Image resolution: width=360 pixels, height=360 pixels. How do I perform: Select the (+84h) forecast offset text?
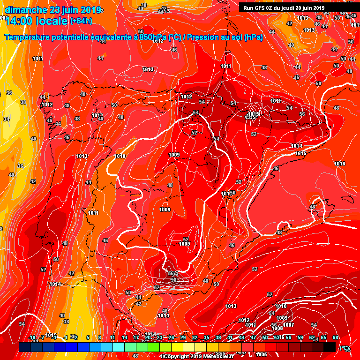81,21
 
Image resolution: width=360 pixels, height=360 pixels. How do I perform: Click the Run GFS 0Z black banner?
284,7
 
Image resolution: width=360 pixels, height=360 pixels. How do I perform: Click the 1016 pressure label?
339,164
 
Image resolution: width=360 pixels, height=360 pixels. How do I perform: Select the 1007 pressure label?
288,325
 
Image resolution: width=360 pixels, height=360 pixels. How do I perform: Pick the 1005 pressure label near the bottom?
261,354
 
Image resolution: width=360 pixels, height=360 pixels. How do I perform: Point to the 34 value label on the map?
6,119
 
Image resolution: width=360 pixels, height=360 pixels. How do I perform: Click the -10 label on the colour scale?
32,337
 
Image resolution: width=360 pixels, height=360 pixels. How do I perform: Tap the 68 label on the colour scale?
335,337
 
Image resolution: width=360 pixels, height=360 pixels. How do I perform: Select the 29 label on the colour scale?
183,337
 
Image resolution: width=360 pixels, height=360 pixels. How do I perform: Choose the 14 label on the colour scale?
124,337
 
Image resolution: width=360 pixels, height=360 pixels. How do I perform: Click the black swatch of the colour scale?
329,347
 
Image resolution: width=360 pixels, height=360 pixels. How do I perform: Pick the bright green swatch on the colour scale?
153,347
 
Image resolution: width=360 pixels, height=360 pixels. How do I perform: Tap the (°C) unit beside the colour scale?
345,348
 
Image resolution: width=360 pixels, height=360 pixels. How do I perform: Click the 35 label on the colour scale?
206,337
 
